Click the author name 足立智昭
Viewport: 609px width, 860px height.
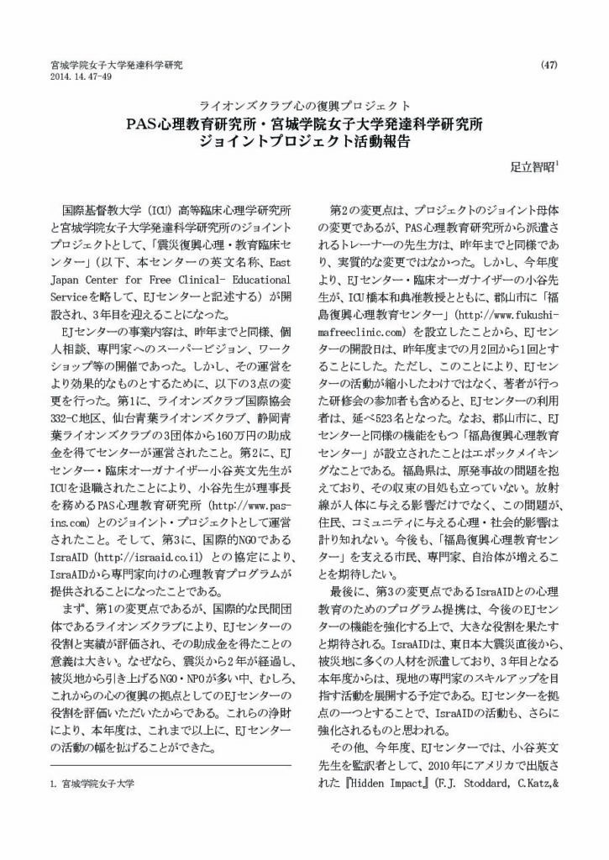[532, 166]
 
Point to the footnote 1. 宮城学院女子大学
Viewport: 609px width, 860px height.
[92, 783]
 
